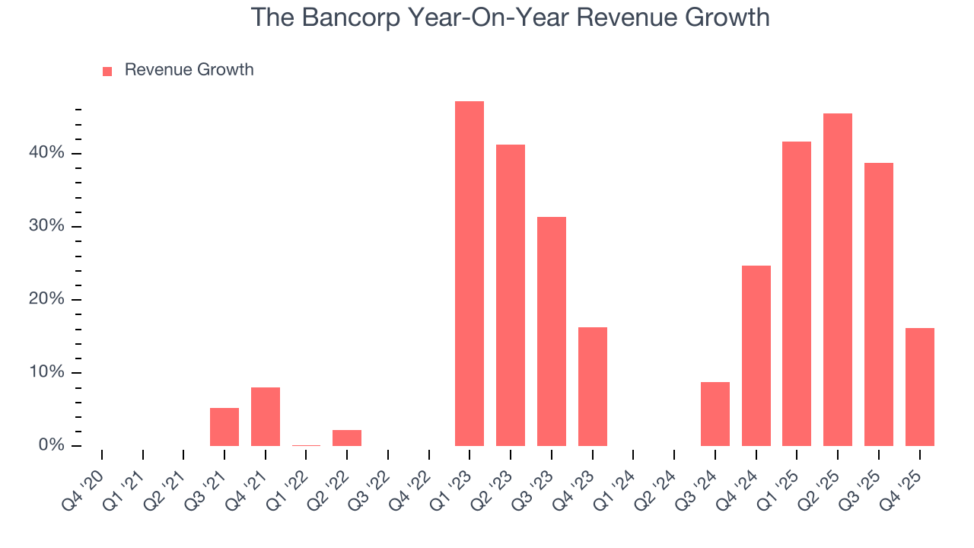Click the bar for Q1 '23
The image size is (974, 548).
pyautogui.click(x=469, y=273)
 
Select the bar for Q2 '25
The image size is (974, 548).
pyautogui.click(x=838, y=279)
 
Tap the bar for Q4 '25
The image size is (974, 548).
pyautogui.click(x=919, y=387)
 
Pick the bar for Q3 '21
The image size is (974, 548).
pyautogui.click(x=224, y=427)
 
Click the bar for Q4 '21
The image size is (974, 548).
pyautogui.click(x=266, y=416)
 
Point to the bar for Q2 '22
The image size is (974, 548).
pyautogui.click(x=347, y=438)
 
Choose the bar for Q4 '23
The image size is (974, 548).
pyautogui.click(x=593, y=386)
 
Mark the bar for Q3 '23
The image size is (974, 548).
pyautogui.click(x=552, y=331)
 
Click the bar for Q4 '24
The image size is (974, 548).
pyautogui.click(x=756, y=355)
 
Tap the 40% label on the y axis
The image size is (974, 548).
pyautogui.click(x=46, y=153)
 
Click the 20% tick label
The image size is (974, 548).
pyautogui.click(x=46, y=299)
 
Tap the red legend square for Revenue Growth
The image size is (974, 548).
pyautogui.click(x=107, y=71)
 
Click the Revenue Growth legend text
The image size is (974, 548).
pyautogui.click(x=189, y=70)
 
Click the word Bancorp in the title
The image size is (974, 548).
pyautogui.click(x=346, y=17)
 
